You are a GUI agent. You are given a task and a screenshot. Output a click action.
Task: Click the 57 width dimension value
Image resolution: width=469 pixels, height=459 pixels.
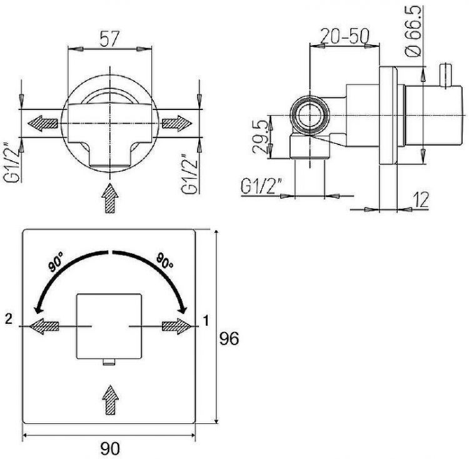click(x=109, y=39)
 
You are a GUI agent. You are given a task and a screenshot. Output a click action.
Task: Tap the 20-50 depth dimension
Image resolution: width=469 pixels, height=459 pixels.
click(x=345, y=36)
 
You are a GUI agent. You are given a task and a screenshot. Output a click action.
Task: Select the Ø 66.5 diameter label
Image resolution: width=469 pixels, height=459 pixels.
click(x=413, y=31)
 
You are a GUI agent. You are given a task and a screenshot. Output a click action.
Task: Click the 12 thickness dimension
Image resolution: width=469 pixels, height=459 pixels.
click(x=421, y=199)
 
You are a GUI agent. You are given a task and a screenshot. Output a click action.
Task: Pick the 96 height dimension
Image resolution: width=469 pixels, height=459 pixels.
click(x=229, y=338)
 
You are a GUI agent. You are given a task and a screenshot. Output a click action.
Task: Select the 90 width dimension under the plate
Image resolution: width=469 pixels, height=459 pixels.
click(x=109, y=448)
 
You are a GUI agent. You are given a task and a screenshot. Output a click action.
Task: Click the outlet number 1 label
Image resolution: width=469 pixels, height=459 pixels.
click(x=206, y=321)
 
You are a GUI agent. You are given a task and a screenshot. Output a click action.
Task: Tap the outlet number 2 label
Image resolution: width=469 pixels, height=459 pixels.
click(x=9, y=319)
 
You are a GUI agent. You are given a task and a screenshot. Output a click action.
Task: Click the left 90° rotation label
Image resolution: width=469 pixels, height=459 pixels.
click(x=56, y=262)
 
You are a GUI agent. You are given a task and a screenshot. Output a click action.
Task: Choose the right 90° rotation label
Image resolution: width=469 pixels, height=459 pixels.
click(x=164, y=261)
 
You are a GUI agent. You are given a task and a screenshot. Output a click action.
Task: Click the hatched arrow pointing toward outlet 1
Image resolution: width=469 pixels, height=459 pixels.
click(x=176, y=326)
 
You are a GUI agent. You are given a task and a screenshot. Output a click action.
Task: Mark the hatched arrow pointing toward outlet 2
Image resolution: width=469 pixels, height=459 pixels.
click(x=44, y=326)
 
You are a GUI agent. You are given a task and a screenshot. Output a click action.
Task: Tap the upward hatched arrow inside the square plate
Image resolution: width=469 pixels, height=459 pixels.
click(x=110, y=400)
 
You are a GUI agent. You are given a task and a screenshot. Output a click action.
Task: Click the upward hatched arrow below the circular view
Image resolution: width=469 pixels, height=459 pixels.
click(x=110, y=198)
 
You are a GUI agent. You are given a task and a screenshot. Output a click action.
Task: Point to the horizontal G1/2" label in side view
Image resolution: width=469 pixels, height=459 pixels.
click(x=261, y=186)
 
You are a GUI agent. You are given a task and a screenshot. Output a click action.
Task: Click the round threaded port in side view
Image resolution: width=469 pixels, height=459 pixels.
click(x=310, y=115)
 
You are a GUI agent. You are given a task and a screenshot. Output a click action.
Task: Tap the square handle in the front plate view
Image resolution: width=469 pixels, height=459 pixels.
click(x=109, y=326)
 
